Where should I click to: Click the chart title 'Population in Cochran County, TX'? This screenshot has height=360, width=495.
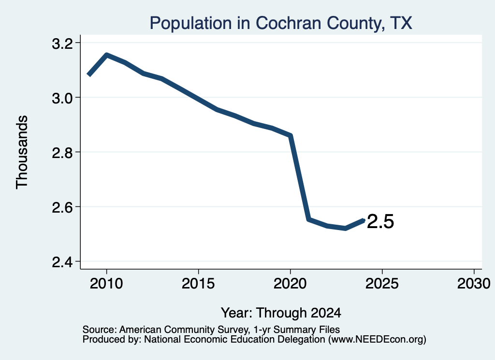click(x=281, y=23)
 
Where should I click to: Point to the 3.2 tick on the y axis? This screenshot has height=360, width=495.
click(x=62, y=43)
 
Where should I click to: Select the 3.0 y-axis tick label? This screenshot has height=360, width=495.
click(x=62, y=98)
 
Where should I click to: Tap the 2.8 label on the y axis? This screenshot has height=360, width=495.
click(x=62, y=153)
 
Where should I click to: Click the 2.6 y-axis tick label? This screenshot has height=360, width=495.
click(x=62, y=207)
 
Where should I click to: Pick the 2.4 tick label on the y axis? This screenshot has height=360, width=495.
click(x=62, y=262)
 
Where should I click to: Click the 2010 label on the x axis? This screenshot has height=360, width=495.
click(x=106, y=284)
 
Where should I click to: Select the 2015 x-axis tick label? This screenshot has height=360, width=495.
click(x=198, y=284)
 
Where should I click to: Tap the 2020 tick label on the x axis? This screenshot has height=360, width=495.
click(x=290, y=284)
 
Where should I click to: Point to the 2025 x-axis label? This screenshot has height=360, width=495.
click(x=382, y=284)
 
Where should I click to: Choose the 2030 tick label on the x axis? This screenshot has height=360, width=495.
click(x=474, y=284)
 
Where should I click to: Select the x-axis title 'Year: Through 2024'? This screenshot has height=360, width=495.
click(x=281, y=313)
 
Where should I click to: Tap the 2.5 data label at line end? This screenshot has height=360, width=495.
click(x=381, y=221)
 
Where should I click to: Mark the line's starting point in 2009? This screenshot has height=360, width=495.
click(x=89, y=75)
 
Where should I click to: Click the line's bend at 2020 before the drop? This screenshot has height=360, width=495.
click(x=291, y=135)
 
